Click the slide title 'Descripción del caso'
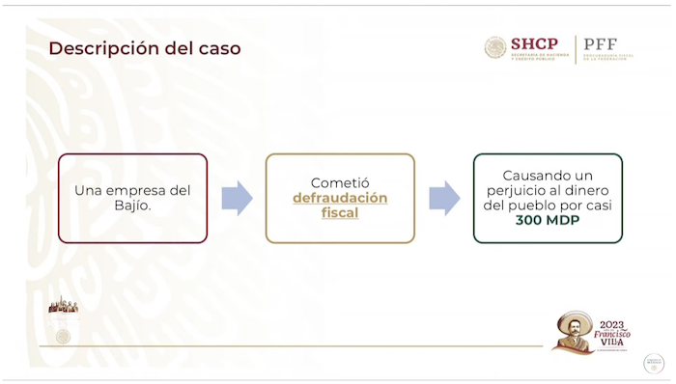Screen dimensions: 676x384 145,48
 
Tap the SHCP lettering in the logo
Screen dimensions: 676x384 534,43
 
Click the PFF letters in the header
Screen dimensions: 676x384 600,44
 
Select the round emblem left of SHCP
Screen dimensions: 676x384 495,47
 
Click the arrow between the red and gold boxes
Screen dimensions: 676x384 237,198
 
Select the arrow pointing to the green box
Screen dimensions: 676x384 444,198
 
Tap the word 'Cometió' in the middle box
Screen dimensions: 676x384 340,182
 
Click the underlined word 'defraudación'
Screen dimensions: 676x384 340,198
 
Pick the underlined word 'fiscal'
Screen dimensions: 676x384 340,213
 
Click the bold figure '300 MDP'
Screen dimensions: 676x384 548,221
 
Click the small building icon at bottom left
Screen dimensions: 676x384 63,307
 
